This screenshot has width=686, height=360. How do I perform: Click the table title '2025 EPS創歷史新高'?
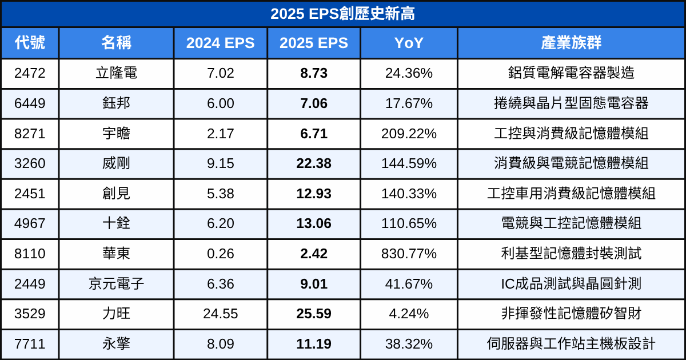click(342, 14)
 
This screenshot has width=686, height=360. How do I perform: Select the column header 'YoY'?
click(409, 43)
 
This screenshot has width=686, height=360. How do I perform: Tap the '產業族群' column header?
click(571, 43)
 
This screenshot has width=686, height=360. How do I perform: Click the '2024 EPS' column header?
click(220, 43)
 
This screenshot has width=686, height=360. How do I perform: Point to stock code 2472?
click(30, 73)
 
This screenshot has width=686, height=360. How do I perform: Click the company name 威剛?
click(116, 163)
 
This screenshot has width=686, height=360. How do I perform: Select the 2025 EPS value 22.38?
click(314, 163)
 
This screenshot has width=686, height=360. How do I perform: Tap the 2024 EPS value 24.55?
click(220, 314)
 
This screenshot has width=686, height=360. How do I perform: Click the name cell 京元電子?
click(116, 283)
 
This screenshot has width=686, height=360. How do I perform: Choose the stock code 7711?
click(30, 344)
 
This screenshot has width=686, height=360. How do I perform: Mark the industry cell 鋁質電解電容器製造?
click(571, 73)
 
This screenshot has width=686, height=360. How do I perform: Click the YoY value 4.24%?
click(409, 314)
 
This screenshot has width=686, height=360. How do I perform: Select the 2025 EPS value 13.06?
click(314, 223)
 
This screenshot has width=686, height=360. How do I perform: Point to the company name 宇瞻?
click(116, 133)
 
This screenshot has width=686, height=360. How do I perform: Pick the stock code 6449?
click(30, 103)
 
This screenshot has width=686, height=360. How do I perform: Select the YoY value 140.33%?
click(409, 193)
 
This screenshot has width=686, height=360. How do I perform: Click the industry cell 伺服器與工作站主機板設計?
click(571, 344)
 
